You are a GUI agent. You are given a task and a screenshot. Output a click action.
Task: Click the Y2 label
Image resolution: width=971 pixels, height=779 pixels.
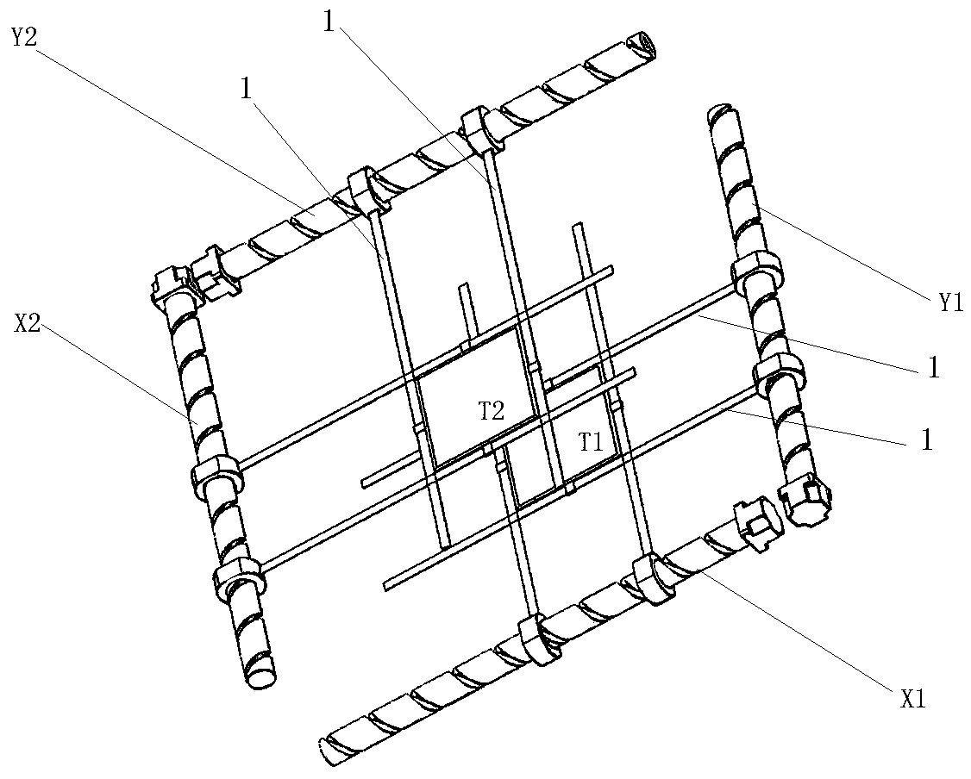(x=24, y=37)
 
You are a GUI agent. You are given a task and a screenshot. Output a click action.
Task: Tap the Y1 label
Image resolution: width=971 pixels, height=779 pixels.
(x=950, y=302)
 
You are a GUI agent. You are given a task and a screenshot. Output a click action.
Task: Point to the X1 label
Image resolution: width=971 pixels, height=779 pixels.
(x=912, y=699)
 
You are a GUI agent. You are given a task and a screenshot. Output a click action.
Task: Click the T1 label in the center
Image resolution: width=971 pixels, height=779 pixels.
(x=591, y=442)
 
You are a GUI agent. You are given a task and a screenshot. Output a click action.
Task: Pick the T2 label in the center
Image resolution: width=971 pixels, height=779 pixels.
(x=492, y=410)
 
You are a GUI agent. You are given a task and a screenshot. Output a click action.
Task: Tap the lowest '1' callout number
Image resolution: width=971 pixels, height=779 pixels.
(x=926, y=440)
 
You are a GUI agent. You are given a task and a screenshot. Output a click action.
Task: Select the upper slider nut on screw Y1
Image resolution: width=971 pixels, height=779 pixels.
(x=756, y=273)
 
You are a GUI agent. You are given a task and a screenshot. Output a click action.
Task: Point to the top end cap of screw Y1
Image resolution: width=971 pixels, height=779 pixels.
(x=722, y=115)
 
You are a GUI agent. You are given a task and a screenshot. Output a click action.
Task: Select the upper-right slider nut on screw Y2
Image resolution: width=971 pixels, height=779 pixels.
(x=482, y=129)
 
